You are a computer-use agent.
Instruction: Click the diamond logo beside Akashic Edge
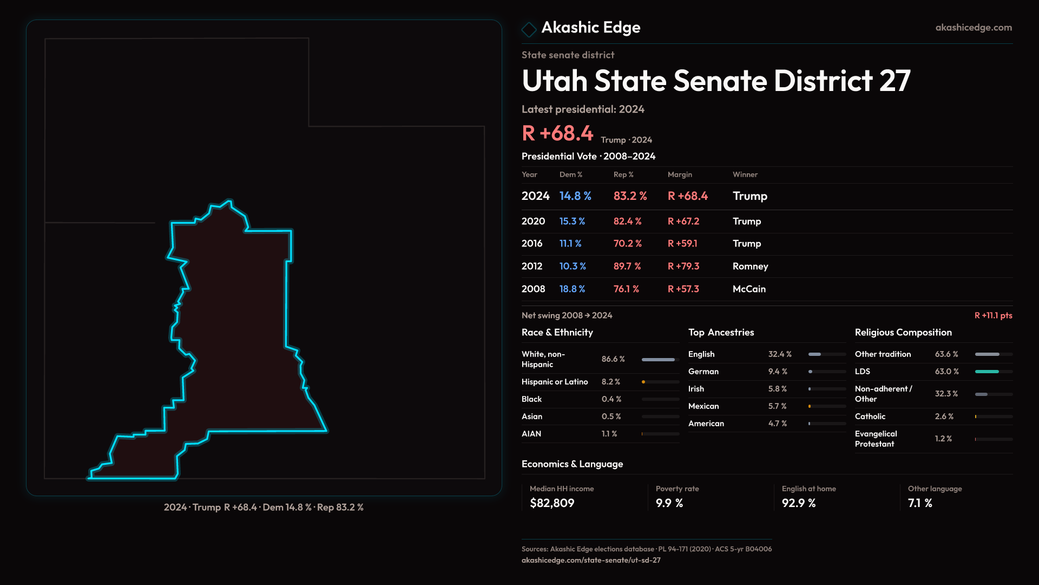click(529, 29)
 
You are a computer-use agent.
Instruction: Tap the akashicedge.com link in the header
click(974, 28)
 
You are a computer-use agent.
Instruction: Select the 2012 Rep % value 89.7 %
click(627, 266)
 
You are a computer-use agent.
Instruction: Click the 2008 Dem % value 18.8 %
click(572, 289)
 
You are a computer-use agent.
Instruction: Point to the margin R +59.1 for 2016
click(682, 244)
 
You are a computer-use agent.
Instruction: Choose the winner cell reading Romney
click(750, 266)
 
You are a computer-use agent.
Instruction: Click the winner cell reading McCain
click(749, 289)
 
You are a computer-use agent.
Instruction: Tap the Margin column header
click(680, 174)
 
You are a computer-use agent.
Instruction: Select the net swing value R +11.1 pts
click(993, 316)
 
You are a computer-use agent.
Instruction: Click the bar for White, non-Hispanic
click(658, 360)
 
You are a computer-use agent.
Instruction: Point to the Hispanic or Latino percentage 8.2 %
click(611, 382)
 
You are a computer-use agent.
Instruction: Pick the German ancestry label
click(703, 372)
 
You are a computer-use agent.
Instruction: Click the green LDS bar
click(987, 372)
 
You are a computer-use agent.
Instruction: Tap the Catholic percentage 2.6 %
click(944, 417)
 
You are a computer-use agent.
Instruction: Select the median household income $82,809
click(552, 503)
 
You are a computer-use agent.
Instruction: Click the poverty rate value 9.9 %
click(669, 503)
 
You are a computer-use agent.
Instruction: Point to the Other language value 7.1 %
click(920, 503)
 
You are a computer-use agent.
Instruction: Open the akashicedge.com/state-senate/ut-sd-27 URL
click(591, 561)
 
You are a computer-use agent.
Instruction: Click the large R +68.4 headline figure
click(557, 133)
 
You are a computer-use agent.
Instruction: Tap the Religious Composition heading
click(903, 333)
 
